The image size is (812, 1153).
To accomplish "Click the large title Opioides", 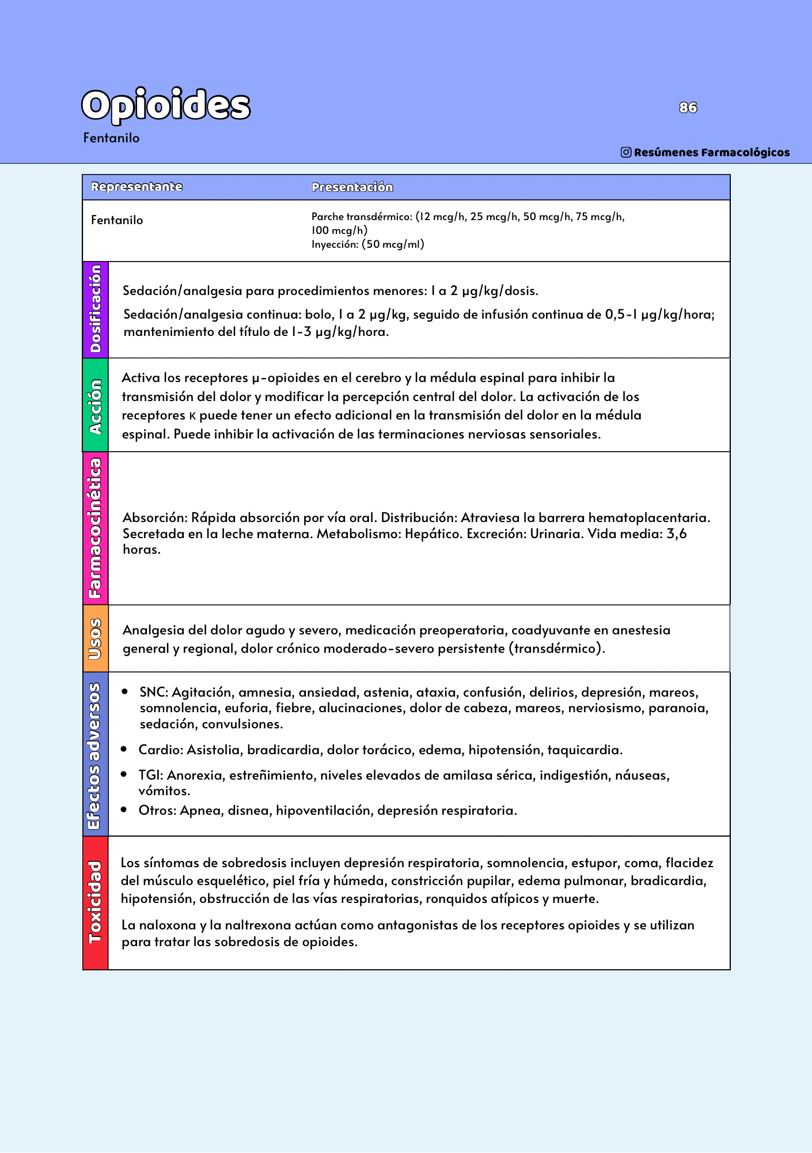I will pos(166,105).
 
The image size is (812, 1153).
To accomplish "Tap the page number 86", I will pos(688,108).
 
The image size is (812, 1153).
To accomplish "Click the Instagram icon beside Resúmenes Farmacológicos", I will pos(626,152).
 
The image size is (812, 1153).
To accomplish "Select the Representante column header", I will pos(136,187).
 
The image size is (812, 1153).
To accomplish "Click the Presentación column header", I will pos(352,187).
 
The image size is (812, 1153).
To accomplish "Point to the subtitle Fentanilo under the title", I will pos(111,138).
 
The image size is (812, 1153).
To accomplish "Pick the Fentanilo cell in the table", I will pos(117,220).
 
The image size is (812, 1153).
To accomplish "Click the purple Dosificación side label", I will pos(96,309).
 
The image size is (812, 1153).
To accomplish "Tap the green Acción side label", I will pos(96,406).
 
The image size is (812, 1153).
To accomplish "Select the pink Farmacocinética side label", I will pos(96,528).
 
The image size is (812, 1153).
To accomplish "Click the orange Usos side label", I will pos(96,638).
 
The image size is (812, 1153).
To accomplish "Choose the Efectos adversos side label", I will pos(96,755).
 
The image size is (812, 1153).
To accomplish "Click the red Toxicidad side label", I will pos(96,902).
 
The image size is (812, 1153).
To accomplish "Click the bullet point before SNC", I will pos(125,691).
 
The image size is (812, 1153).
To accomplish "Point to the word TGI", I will pos(150,775).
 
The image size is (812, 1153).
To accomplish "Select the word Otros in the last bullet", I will pos(157,810).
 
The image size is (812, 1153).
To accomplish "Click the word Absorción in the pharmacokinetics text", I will pos(154,517).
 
